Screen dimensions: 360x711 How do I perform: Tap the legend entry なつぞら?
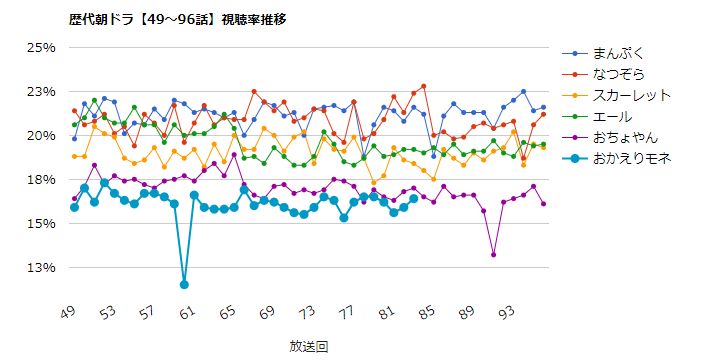point(619,74)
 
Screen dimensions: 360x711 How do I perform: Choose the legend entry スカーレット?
point(630,95)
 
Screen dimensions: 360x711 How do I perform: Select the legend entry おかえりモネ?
point(630,158)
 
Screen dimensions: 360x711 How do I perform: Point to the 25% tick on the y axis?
point(41,48)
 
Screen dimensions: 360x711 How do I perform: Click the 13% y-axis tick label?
point(41,268)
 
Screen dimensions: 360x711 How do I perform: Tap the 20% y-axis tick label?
point(41,136)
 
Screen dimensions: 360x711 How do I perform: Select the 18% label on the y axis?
point(41,180)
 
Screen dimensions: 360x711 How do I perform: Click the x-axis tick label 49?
point(69,313)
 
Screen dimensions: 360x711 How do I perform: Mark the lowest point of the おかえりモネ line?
point(184,285)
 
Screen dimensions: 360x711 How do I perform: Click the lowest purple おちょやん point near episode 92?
point(494,255)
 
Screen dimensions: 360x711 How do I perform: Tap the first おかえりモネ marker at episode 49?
point(74,207)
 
